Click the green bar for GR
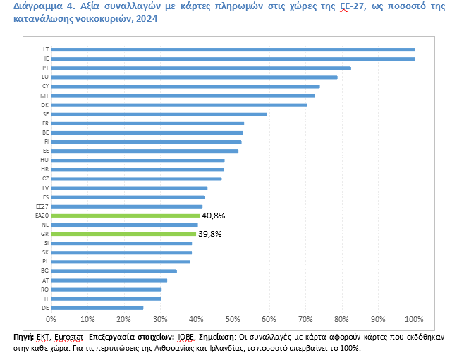[123, 234]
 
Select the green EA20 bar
[126, 216]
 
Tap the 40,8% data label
[213, 216]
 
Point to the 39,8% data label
[209, 234]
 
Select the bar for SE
[159, 113]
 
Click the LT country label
[45, 49]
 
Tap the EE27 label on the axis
[42, 206]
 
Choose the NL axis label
[45, 225]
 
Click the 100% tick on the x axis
[414, 321]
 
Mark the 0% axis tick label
[51, 321]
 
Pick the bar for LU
[194, 77]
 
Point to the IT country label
[46, 299]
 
